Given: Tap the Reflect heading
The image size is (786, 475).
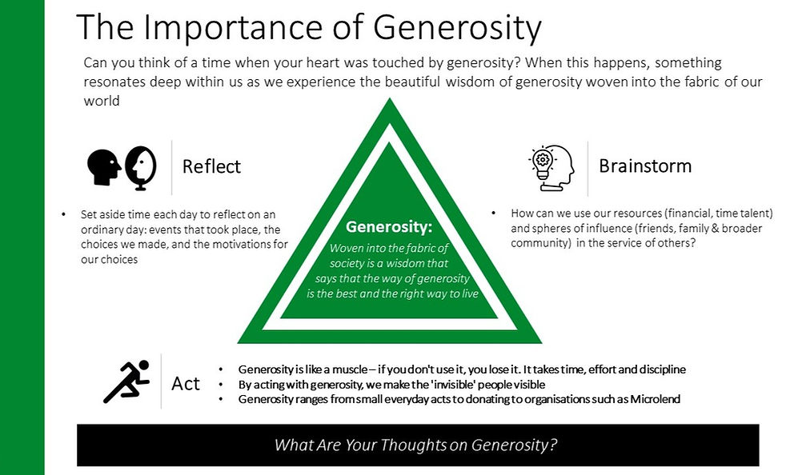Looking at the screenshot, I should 211,166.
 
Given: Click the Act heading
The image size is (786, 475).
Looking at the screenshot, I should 186,384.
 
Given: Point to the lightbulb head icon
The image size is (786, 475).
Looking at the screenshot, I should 551,166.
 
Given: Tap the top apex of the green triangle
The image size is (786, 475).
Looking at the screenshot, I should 390,100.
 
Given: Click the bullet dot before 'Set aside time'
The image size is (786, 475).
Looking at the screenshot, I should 64,215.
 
